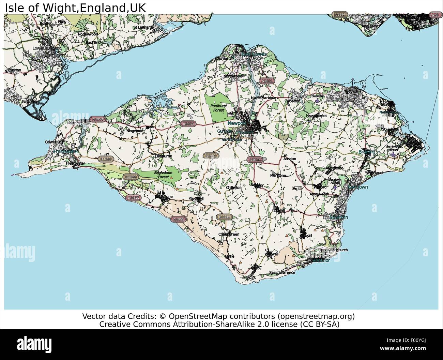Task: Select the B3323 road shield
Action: [210, 155]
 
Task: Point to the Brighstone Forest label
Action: [162, 175]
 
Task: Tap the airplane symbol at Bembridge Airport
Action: [393, 154]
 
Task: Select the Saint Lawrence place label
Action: [282, 273]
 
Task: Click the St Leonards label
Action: [142, 27]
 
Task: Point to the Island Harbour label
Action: [263, 98]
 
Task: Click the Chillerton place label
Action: [234, 187]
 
